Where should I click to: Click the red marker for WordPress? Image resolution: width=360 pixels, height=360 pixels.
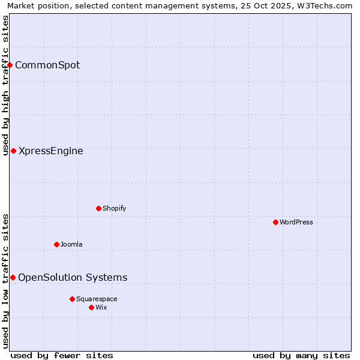[x=275, y=222]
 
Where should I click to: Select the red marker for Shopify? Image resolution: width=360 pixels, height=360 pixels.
[x=98, y=208]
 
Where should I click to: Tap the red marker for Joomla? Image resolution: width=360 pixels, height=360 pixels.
[x=56, y=244]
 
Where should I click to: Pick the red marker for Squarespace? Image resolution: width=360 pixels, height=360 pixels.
[x=72, y=299]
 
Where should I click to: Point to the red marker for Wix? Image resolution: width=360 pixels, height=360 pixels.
[x=91, y=307]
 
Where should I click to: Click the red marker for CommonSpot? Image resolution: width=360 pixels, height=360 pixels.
[x=10, y=65]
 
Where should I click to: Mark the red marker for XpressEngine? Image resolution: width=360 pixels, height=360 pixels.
[x=13, y=151]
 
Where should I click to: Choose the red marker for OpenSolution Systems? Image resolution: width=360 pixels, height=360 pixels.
[x=13, y=277]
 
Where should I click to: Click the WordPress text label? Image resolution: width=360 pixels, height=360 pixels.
[x=296, y=222]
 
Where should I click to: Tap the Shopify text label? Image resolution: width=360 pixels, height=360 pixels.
[x=114, y=208]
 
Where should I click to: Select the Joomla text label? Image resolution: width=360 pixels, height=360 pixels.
[x=71, y=244]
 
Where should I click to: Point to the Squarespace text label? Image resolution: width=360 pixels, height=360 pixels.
[x=97, y=299]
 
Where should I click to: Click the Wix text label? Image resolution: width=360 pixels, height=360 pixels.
[x=101, y=307]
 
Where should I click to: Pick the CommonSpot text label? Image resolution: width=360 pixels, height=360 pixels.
[x=47, y=65]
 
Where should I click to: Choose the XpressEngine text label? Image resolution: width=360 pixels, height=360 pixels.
[x=51, y=151]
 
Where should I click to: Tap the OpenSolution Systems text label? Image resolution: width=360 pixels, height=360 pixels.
[x=73, y=277]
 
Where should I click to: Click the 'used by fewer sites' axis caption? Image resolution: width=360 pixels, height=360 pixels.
[x=62, y=355]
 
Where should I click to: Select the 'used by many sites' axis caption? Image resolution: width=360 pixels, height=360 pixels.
[x=301, y=355]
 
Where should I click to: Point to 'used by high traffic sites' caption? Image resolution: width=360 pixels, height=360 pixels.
[x=5, y=85]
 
